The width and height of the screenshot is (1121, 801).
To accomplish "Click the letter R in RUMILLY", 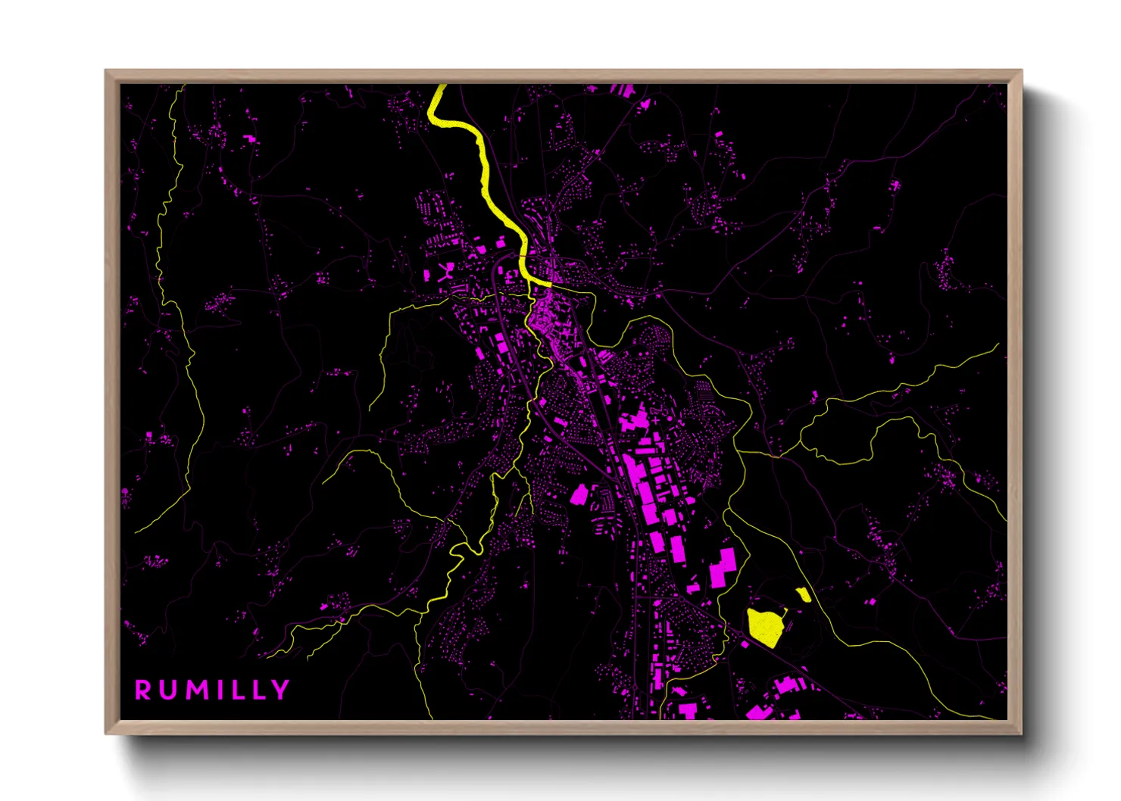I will coord(143,690).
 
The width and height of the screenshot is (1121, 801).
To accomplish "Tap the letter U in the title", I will coord(168,690).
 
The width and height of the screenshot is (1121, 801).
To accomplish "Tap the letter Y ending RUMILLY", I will coord(281,690).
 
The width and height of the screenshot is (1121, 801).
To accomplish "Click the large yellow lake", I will coord(765,626).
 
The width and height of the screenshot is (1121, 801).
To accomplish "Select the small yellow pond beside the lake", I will coord(803,594).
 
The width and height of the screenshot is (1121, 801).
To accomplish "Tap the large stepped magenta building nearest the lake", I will coord(723,567).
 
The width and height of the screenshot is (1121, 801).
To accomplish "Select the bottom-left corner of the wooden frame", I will coord(107,732).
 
